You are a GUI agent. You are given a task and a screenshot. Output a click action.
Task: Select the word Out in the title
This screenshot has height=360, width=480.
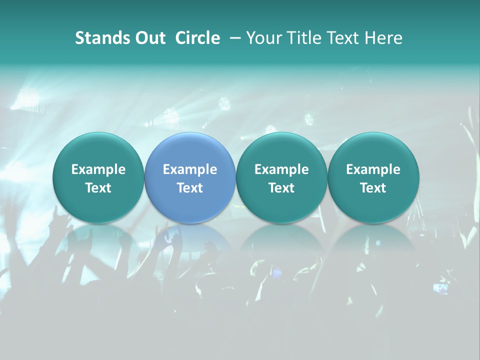pos(149,38)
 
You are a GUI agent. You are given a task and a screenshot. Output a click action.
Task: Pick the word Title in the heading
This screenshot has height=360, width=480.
pos(302,38)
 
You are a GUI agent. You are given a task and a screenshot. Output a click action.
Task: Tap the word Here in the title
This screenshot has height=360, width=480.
pos(382,38)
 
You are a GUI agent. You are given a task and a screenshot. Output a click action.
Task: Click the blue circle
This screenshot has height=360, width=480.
pos(190,177)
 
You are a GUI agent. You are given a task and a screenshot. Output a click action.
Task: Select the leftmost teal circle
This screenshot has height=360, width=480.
pos(98,177)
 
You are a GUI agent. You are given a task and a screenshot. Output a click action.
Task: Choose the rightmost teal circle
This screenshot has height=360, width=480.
pos(373,177)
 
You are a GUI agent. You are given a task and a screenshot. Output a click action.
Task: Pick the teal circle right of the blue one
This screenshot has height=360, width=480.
pos(281,177)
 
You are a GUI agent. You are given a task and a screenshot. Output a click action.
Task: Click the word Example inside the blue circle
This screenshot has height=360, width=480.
pos(190,169)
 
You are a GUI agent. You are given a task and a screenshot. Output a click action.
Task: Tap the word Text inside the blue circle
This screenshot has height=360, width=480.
pos(190,188)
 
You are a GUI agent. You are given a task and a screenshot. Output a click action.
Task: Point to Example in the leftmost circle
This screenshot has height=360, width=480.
pos(98,169)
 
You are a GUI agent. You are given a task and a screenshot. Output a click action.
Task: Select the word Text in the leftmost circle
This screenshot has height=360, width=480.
pos(98,188)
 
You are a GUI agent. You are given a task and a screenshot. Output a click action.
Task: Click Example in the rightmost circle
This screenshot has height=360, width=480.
pos(373,169)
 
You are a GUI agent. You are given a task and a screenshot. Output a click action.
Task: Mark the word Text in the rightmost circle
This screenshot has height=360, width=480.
pos(373,188)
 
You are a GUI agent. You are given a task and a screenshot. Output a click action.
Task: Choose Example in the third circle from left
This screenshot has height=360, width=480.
pos(281,169)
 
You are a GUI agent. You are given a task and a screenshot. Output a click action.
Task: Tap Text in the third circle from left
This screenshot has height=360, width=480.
pos(281,188)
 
